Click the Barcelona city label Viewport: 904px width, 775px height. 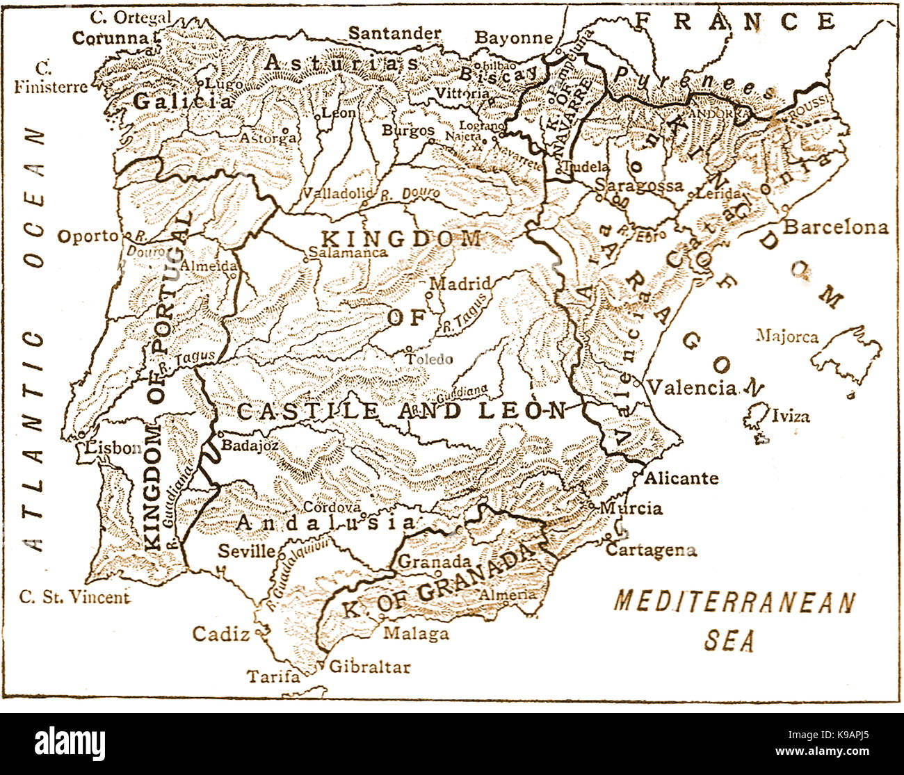pyautogui.click(x=836, y=227)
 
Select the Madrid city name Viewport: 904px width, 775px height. pyautogui.click(x=460, y=284)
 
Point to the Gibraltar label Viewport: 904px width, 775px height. pyautogui.click(x=369, y=667)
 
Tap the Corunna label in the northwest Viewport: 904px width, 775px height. pyautogui.click(x=111, y=38)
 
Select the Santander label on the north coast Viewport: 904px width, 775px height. pyautogui.click(x=394, y=33)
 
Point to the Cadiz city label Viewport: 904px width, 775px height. pyautogui.click(x=220, y=633)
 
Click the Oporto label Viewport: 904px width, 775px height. pyautogui.click(x=88, y=236)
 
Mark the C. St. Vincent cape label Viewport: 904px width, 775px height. pyautogui.click(x=74, y=596)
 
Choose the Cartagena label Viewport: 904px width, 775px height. pyautogui.click(x=651, y=550)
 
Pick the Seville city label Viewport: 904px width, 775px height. pyautogui.click(x=246, y=551)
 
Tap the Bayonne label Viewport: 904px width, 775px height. pyautogui.click(x=513, y=38)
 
